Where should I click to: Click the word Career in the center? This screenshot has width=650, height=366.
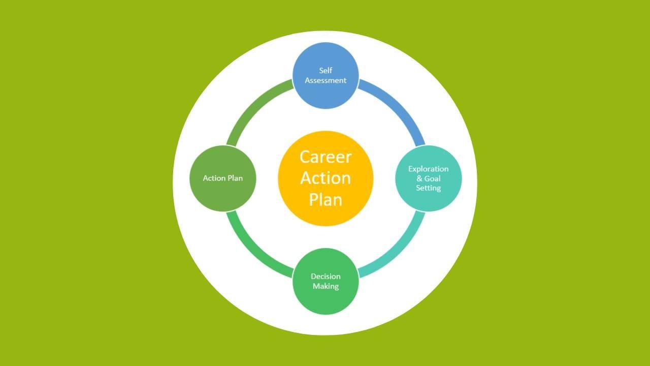click(326, 157)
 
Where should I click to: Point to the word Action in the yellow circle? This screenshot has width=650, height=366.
click(326, 178)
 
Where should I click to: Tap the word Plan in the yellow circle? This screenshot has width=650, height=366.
click(326, 199)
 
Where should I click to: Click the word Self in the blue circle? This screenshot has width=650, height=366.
click(326, 71)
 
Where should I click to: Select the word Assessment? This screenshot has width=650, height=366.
click(326, 80)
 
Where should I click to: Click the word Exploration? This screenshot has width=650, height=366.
click(429, 169)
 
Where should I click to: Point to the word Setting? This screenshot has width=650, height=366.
click(429, 188)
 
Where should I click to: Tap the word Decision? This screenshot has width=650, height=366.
click(326, 277)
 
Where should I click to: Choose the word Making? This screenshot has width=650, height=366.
click(326, 286)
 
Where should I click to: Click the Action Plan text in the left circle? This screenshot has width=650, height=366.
click(222, 178)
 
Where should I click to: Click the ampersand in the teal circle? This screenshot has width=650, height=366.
click(419, 178)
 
